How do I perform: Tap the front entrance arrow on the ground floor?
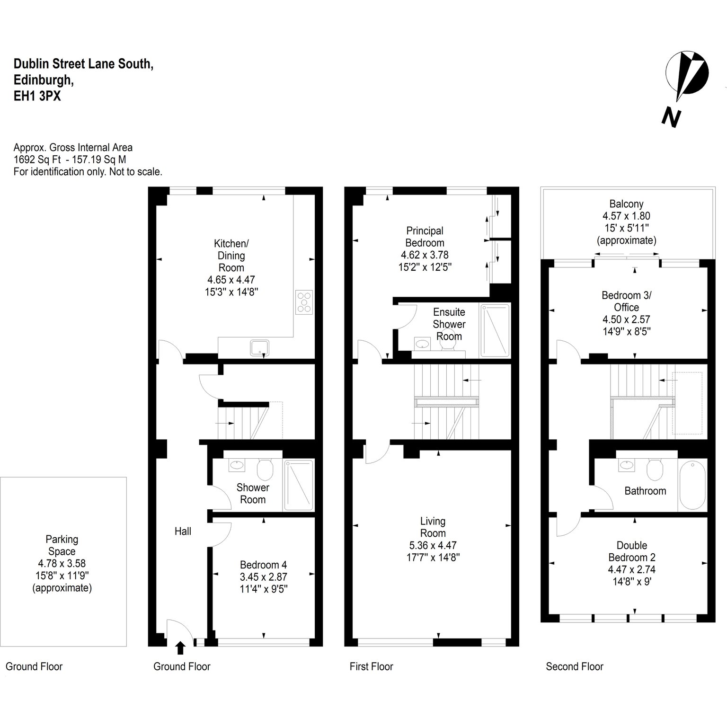180,648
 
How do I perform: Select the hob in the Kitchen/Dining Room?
304,301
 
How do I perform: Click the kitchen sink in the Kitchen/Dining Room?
260,348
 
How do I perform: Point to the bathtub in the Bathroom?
693,485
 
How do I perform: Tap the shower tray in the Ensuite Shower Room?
495,330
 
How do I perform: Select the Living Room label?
433,527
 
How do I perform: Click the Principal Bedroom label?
425,237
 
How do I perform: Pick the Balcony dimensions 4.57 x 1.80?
626,216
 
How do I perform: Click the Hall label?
183,531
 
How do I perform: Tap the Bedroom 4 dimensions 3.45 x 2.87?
264,577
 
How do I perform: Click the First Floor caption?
372,666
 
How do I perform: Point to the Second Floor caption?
575,666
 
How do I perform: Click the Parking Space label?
62,545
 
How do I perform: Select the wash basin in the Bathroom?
627,465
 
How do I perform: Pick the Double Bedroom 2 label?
632,551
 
